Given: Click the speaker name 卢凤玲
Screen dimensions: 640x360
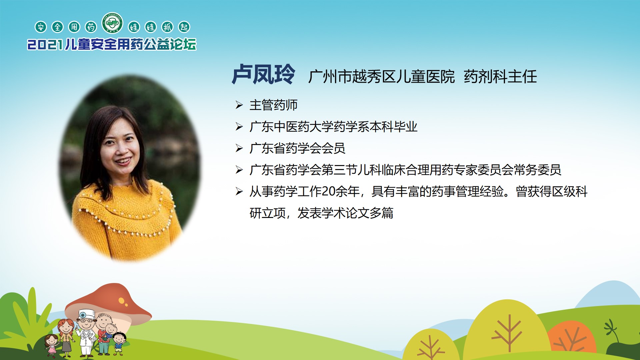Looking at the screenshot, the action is [263, 74].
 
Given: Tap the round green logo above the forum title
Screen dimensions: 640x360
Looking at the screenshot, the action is [112, 23].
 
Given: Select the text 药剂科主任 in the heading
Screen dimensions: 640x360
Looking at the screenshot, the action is [500, 77].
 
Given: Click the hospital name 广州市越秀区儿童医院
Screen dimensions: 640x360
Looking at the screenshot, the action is [381, 77].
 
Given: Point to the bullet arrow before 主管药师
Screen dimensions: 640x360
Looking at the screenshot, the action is [239, 105].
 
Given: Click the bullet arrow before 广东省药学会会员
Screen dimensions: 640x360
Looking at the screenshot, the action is [239, 148].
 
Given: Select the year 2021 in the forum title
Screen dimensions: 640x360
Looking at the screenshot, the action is [45, 45].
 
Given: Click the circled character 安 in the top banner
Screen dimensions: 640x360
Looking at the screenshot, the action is [41, 27].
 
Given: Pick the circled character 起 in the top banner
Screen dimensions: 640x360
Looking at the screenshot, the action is [184, 27].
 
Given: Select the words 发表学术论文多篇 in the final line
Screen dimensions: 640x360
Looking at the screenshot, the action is [345, 213].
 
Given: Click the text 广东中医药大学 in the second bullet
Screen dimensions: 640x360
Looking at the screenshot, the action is [291, 127].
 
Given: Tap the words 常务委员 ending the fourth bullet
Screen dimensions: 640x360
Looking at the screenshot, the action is [537, 170].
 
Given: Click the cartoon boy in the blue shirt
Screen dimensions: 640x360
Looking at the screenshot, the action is [119, 343].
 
